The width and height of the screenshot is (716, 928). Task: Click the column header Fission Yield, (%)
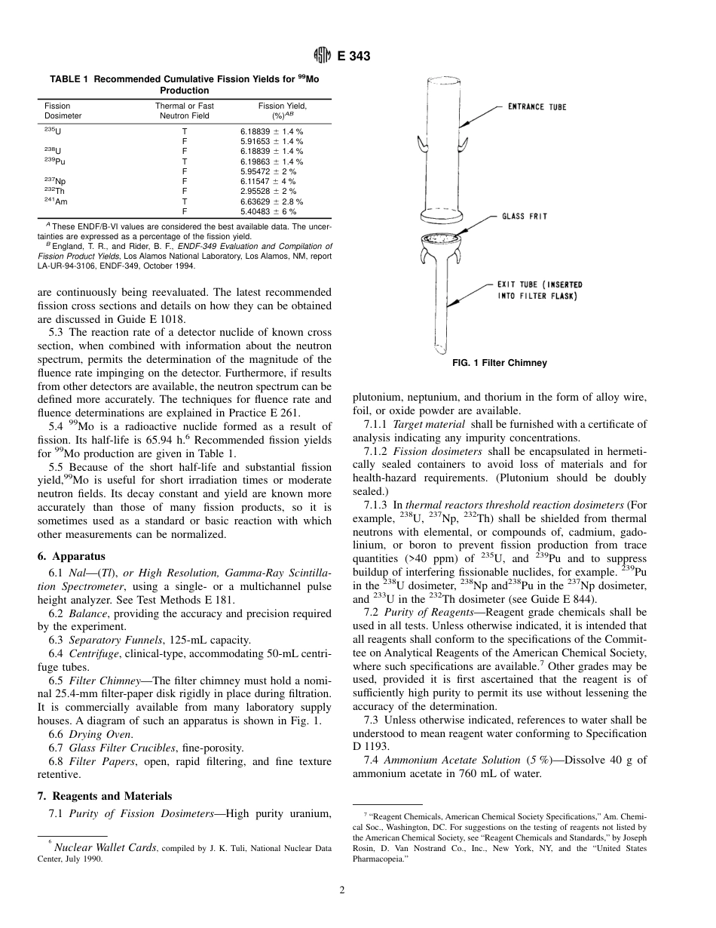[283, 111]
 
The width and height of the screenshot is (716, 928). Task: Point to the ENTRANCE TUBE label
[536, 107]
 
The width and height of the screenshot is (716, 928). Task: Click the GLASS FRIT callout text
[525, 217]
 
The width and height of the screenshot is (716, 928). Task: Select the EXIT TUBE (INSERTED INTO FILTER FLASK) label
[539, 290]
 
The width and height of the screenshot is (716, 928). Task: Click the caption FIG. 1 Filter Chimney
[499, 363]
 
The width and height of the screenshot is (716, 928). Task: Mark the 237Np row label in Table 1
[55, 182]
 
